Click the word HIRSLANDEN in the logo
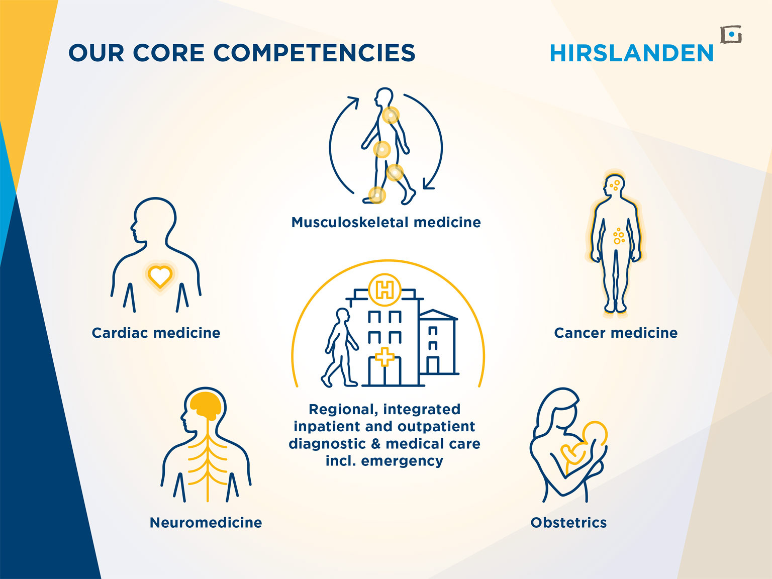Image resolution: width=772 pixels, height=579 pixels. tap(631, 53)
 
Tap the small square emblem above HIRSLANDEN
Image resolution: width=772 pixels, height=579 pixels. tap(731, 35)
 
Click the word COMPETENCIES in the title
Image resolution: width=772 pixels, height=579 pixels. tap(314, 53)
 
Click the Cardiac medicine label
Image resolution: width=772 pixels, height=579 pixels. tap(156, 333)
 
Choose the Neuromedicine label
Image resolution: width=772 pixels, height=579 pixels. tap(206, 523)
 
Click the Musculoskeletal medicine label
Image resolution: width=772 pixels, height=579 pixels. tap(386, 222)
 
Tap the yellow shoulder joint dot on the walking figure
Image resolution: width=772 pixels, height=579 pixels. tap(391, 115)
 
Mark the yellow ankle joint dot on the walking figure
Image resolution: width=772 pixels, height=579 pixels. tap(376, 195)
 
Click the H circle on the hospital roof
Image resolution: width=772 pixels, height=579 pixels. tap(385, 290)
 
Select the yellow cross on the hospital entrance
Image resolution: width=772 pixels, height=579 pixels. tap(385, 357)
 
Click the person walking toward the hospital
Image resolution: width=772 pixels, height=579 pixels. tap(340, 347)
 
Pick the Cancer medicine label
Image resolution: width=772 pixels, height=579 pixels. tap(616, 333)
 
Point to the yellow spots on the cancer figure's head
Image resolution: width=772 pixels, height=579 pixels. tap(615, 185)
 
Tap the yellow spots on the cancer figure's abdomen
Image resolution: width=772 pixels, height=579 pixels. tap(619, 236)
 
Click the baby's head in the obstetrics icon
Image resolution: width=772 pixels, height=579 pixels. tap(595, 433)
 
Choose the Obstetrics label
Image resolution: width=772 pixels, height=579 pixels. tap(569, 523)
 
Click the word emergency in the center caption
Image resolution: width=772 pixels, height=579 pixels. tap(402, 461)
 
